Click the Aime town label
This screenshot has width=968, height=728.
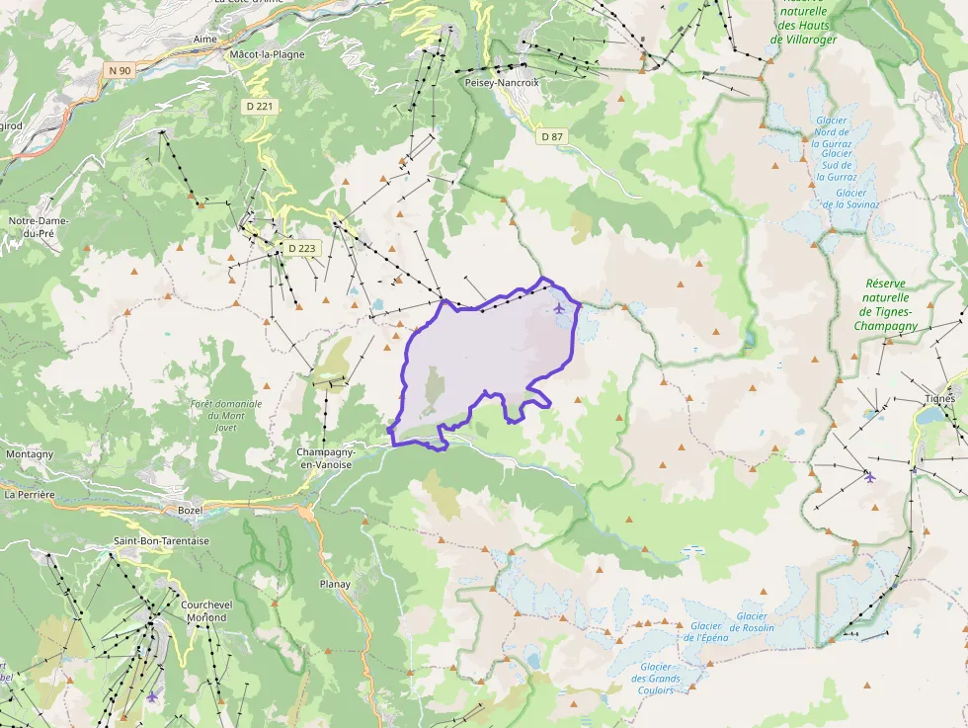(x=204, y=39)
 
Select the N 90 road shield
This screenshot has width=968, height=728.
(x=120, y=70)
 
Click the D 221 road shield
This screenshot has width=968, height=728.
(x=260, y=106)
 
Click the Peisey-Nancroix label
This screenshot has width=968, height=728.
(x=502, y=83)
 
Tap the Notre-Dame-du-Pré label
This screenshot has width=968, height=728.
(x=39, y=227)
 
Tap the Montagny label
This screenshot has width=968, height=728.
(x=30, y=454)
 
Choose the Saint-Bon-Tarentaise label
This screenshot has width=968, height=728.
(x=161, y=541)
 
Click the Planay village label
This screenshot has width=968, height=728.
(x=335, y=584)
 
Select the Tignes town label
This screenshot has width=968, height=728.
(x=939, y=399)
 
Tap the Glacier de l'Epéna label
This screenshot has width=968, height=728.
(x=705, y=632)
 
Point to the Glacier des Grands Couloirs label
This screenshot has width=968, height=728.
(x=656, y=678)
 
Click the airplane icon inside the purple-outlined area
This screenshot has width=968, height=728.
(x=560, y=308)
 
